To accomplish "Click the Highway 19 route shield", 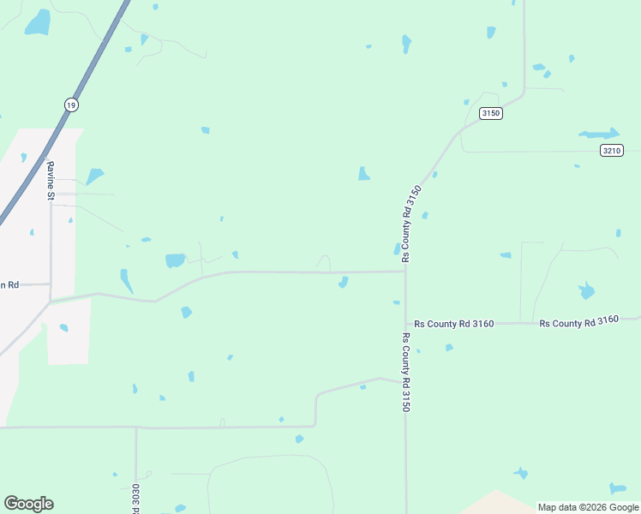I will tap(69, 104).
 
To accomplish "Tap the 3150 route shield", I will tap(490, 113).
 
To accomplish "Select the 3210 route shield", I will tap(610, 150).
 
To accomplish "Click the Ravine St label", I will tap(51, 182).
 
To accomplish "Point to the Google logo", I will tap(28, 504).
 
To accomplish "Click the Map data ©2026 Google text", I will tap(588, 507).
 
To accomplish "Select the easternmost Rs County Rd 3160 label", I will tap(578, 322).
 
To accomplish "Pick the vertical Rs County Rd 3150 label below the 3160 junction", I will tap(405, 373).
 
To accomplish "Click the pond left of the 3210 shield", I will tap(599, 134).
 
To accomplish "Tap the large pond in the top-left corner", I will tap(38, 23).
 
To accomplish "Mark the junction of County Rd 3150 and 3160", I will tap(405, 324).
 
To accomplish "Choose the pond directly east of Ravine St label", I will tap(94, 176).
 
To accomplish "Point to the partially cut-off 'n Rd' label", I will tap(9, 284).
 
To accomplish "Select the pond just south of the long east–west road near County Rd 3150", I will tap(343, 282).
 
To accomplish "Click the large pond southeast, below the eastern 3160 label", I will tap(586, 290).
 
